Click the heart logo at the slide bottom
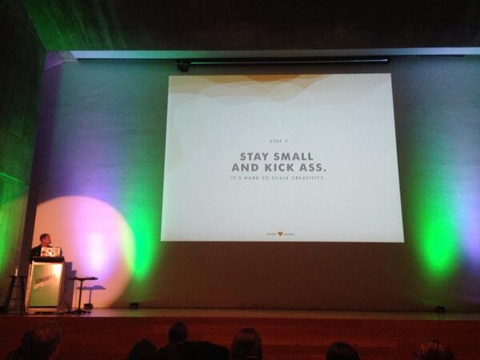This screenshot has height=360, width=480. (x=280, y=234)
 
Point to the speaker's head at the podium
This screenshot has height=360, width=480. (x=45, y=239)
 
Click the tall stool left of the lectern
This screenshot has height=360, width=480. (x=14, y=292)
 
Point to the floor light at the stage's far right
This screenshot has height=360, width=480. (x=439, y=309)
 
